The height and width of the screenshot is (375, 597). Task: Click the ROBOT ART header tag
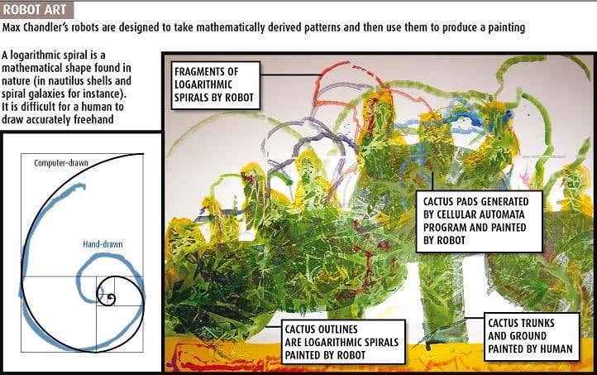point(37,10)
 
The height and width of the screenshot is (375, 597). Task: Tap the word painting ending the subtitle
point(506,28)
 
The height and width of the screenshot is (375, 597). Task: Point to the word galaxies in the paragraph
point(51,94)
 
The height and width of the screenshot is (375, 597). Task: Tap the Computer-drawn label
point(61,163)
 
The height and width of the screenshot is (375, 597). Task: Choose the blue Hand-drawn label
point(103,244)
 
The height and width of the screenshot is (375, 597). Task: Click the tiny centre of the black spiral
point(111,296)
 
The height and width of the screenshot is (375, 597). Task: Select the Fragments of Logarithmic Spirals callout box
point(216,85)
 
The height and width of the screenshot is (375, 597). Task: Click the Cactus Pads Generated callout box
point(479,221)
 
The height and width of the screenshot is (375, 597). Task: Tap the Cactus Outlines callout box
point(341,342)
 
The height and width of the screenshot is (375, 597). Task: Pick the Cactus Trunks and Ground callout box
point(532,337)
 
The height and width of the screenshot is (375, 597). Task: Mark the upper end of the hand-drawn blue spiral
point(83,186)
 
